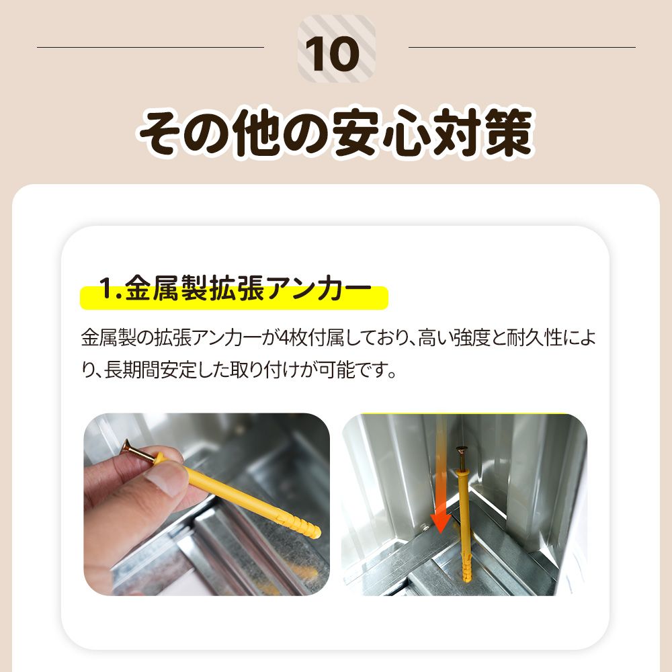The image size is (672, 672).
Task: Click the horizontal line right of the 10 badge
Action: coord(521,48)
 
